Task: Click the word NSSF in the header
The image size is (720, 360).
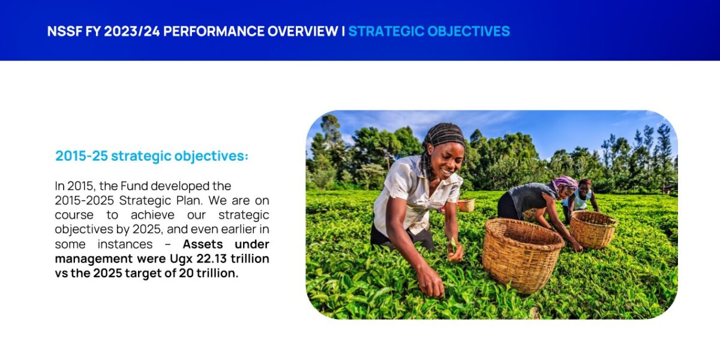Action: [x=64, y=31]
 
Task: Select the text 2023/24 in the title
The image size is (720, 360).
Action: [x=132, y=31]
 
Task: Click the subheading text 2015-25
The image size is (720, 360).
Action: [x=82, y=156]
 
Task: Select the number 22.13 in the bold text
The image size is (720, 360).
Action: [x=211, y=259]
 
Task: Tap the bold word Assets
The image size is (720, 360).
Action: [x=203, y=244]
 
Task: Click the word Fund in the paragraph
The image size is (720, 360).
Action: [x=134, y=186]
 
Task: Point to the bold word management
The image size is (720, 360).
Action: [x=94, y=259]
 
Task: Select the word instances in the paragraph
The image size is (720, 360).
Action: [x=125, y=244]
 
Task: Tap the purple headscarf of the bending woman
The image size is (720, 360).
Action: [x=565, y=182]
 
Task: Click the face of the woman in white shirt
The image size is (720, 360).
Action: [x=447, y=160]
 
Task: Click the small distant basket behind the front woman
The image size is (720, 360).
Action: [x=466, y=205]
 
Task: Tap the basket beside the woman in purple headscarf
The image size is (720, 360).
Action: [x=593, y=229]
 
